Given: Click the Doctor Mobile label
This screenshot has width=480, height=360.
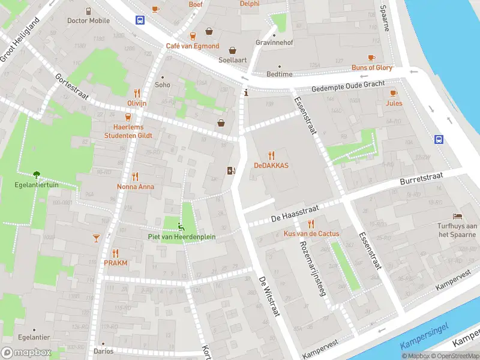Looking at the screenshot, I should click(x=88, y=20).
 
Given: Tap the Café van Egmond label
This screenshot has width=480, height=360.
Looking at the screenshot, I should click(x=193, y=46).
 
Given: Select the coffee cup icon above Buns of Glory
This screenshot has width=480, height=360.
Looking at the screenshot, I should click(x=371, y=58).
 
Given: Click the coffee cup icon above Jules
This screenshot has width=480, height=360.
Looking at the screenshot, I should click(x=394, y=93).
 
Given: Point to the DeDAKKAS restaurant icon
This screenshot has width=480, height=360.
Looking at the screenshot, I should click(x=271, y=155).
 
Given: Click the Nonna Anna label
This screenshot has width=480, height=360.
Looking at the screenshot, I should click(x=135, y=187).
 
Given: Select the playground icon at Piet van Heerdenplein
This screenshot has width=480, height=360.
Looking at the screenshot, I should click(x=181, y=227).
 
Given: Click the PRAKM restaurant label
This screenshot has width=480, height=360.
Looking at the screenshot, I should click(x=115, y=263).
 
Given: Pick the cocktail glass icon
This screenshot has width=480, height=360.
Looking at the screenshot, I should click(x=96, y=238).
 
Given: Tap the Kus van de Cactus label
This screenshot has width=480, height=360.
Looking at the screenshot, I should click(x=311, y=233).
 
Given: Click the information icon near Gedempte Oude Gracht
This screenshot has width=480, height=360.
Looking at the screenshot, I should click(x=246, y=92).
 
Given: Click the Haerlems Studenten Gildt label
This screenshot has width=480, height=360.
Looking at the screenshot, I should click(x=128, y=131).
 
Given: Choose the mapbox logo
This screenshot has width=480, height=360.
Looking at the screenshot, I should click(x=26, y=352).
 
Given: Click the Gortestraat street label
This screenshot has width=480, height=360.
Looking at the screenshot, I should click(x=71, y=86).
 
